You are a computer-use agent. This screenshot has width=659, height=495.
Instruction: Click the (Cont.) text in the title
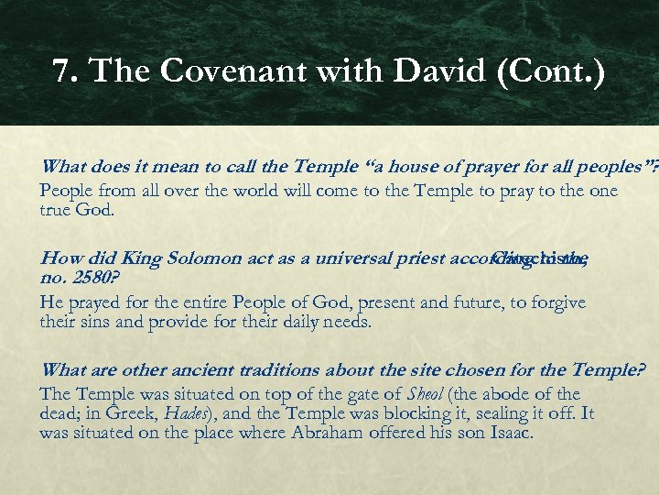tap(551, 72)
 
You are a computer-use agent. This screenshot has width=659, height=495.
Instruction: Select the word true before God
tap(58, 209)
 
